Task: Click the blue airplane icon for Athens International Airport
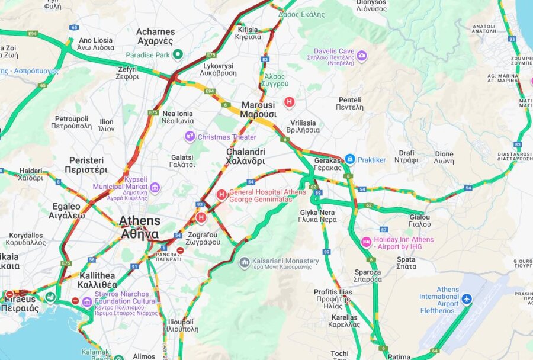tap(467, 299)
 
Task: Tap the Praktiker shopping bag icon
tap(350, 159)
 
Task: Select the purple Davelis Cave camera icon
tap(361, 56)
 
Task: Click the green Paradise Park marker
tap(178, 55)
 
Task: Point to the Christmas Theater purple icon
tap(190, 137)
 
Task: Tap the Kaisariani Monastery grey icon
tap(244, 262)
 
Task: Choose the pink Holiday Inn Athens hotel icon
tap(367, 242)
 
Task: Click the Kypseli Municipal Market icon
tap(155, 188)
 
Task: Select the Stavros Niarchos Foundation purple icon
tap(87, 301)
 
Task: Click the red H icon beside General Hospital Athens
tap(221, 194)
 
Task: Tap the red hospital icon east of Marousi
tap(289, 102)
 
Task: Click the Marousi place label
tap(258, 110)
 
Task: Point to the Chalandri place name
tap(245, 156)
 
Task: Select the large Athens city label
tap(140, 227)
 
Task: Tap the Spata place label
tap(406, 263)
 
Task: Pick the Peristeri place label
tap(86, 164)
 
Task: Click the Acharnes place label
tap(155, 36)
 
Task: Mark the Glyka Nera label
tap(317, 216)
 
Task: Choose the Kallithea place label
tap(97, 280)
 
